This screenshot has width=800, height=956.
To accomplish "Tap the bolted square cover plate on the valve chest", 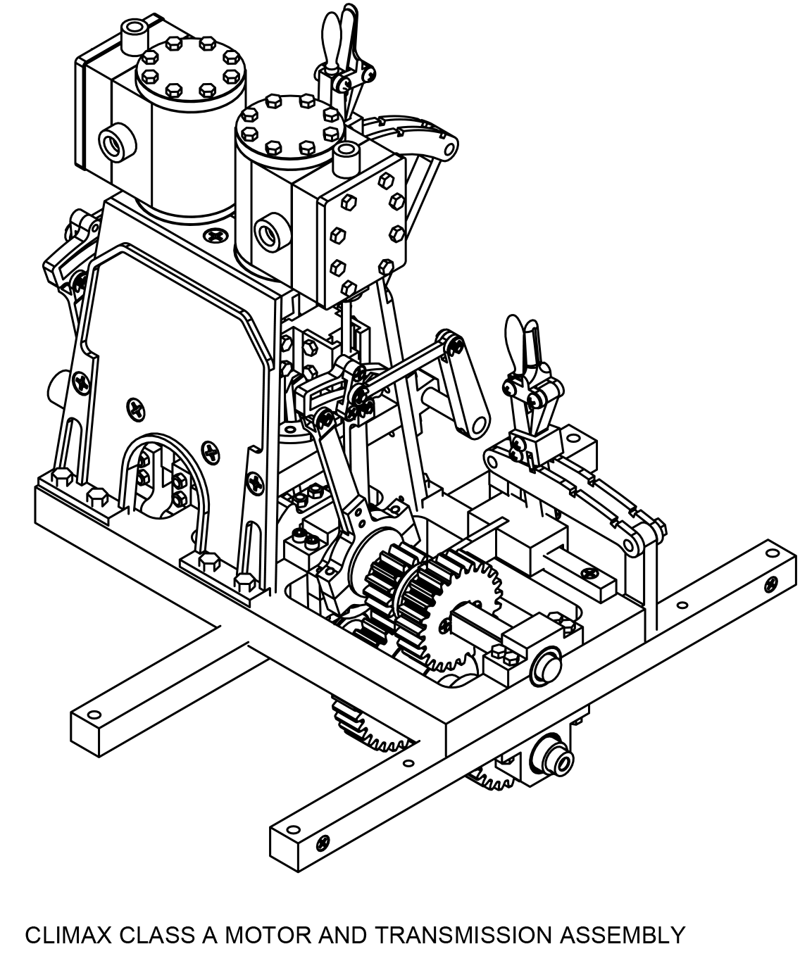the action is pos(363,233).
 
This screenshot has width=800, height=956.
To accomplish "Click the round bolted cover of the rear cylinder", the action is pos(191,69).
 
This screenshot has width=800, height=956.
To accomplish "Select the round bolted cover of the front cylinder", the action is pos(289,125).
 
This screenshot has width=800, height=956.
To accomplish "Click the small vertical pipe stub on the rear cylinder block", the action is pos(133,36).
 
